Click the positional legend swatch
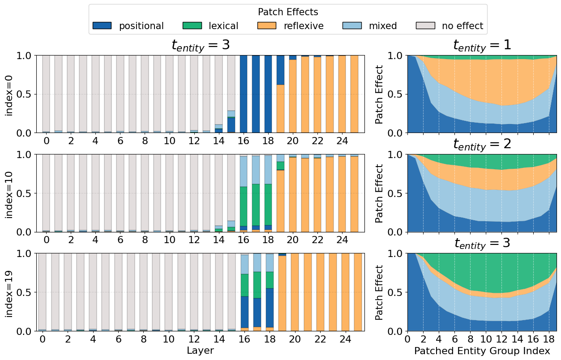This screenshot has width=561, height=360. coord(102,26)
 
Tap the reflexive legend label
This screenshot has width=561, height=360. coord(304,26)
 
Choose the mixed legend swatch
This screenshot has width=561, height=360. coord(352,26)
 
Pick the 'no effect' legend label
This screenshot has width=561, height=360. coord(463,26)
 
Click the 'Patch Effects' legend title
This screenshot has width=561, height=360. coord(288,12)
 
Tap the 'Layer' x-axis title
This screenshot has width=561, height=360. coord(200,351)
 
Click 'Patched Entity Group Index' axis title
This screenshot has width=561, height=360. coord(482,351)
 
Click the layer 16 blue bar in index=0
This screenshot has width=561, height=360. coord(244,94)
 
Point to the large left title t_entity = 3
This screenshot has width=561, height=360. coord(200,46)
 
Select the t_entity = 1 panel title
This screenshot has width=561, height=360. coord(482,46)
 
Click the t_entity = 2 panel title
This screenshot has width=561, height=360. coord(482,144)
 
